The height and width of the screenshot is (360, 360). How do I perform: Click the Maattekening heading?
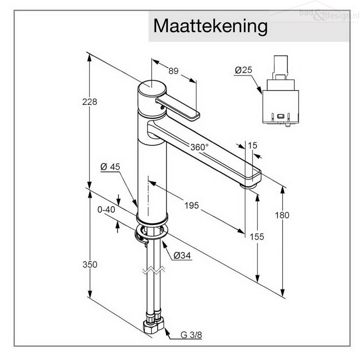(x=210, y=26)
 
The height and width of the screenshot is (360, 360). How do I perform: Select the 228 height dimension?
(x=90, y=102)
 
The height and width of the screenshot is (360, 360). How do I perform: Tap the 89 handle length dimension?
(x=173, y=71)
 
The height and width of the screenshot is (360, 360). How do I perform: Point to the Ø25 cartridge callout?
(x=243, y=70)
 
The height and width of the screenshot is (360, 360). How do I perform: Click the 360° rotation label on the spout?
(x=199, y=147)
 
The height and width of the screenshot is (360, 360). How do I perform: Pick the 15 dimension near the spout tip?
(x=252, y=145)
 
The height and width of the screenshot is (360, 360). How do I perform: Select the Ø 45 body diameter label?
(x=110, y=166)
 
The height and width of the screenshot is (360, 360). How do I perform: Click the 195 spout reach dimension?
(x=192, y=205)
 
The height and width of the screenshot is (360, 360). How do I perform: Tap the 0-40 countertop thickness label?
(x=106, y=209)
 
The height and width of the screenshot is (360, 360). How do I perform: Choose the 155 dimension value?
(x=256, y=237)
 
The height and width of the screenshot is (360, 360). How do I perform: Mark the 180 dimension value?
(x=282, y=215)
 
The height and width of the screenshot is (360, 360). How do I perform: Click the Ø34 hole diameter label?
(x=182, y=255)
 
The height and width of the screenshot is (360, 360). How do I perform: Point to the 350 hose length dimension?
(x=90, y=265)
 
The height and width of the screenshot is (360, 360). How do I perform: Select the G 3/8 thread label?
(x=191, y=335)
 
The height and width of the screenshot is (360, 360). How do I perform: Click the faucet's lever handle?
(x=177, y=108)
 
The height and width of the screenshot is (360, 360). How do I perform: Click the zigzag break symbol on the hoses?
(x=153, y=270)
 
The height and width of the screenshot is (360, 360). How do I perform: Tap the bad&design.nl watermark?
(x=329, y=15)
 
